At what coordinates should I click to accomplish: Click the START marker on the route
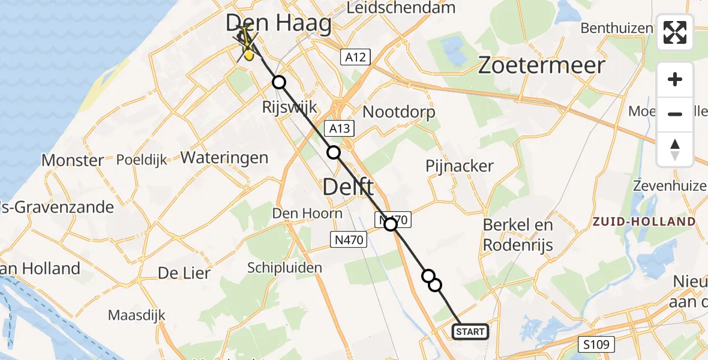tap(470, 332)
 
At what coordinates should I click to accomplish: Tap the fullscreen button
tap(675, 32)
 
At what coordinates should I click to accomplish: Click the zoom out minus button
tap(675, 113)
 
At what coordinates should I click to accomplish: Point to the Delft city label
tap(348, 187)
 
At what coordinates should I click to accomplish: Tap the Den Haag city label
tap(279, 24)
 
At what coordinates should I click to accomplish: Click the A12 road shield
tap(355, 57)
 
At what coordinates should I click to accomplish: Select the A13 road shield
tap(340, 128)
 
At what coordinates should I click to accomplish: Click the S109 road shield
tap(597, 344)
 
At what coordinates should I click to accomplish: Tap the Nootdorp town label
tap(399, 112)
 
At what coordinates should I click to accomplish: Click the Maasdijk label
tap(137, 315)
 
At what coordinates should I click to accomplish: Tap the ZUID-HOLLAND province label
tap(643, 221)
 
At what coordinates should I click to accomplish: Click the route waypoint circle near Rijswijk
tap(278, 82)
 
